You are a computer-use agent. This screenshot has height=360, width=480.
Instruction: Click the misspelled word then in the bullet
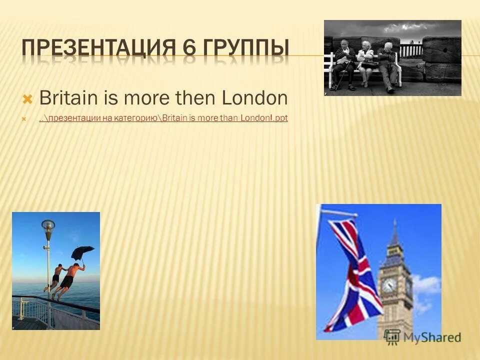196,98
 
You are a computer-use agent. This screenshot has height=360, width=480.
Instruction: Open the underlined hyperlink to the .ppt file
163,118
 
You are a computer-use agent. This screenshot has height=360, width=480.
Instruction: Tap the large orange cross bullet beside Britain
28,98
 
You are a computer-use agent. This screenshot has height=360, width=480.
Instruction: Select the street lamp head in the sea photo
48,226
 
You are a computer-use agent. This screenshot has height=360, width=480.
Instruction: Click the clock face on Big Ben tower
388,284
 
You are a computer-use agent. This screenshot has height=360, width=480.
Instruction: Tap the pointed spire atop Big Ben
394,232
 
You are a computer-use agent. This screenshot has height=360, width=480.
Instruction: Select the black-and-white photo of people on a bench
392,57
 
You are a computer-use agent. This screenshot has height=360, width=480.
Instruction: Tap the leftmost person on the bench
345,65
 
